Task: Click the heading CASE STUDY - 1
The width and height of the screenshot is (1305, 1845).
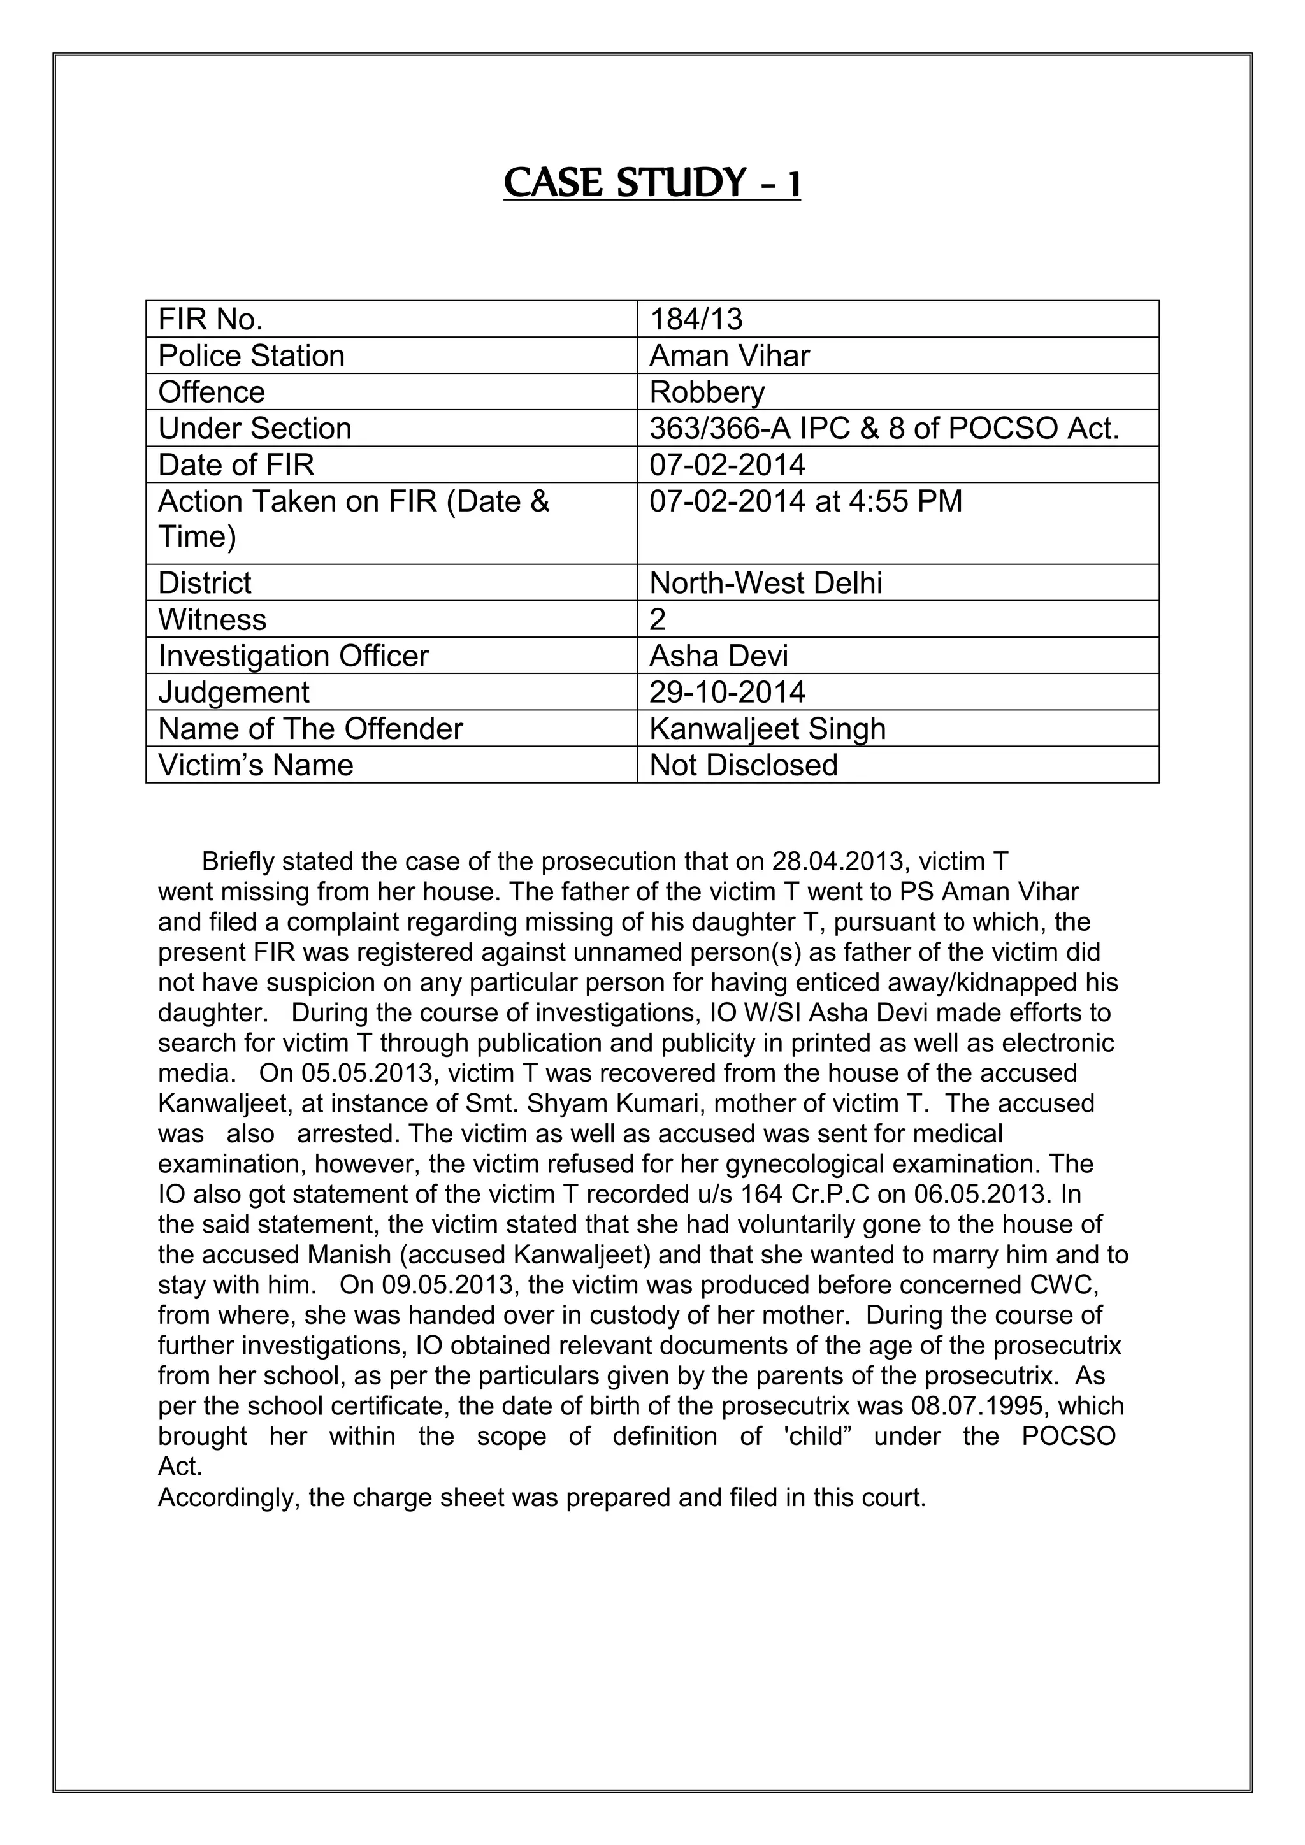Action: click(652, 182)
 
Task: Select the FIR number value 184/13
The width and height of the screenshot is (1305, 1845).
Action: click(696, 319)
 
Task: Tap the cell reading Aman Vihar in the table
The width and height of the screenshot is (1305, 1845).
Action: click(729, 355)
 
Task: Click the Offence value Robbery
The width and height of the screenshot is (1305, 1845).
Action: click(706, 392)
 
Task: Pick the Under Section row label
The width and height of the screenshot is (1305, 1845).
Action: click(255, 428)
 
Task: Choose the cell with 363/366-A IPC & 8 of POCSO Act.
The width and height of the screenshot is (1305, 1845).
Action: click(884, 428)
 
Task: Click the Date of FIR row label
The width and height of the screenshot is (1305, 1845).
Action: click(236, 464)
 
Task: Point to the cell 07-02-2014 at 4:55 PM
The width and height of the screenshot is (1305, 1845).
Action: click(805, 501)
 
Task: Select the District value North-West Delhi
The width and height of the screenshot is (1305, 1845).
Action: click(765, 582)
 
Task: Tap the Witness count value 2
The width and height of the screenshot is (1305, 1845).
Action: click(658, 619)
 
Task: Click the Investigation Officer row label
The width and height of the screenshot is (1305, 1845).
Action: click(293, 656)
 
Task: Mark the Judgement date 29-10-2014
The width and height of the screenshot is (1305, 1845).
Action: click(726, 692)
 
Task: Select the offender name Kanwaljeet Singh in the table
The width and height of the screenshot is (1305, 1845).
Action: click(767, 729)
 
